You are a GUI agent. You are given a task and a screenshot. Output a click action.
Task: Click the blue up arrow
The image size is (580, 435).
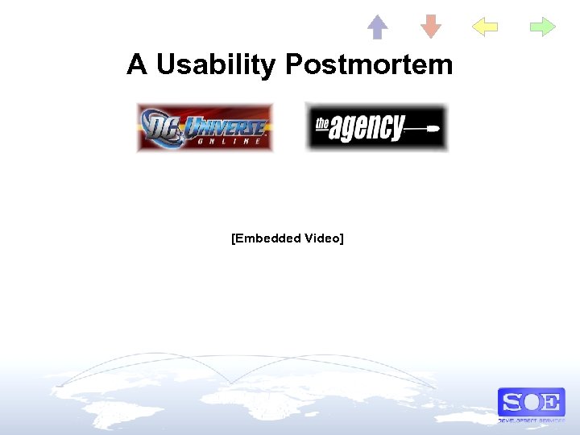point(377,27)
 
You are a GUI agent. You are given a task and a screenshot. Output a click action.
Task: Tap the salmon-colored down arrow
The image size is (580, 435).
point(431,27)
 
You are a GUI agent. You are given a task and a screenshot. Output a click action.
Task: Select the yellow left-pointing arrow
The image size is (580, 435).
point(484,27)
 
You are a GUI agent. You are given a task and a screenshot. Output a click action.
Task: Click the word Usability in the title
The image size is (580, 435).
point(215,64)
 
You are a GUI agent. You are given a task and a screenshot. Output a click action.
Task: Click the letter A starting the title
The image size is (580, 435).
point(136,64)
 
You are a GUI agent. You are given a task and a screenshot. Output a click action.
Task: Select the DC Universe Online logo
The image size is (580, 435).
point(205,127)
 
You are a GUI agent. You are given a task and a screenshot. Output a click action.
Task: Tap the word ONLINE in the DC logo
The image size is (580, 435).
point(226,141)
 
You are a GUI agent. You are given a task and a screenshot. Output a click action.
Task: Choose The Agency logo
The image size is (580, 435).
point(376,126)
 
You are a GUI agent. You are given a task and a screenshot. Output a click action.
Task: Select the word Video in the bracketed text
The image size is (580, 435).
point(323,238)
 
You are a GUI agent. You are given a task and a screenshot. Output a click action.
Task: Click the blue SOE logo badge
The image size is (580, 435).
point(531,402)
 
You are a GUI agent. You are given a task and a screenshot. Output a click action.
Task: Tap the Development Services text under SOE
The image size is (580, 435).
point(531,420)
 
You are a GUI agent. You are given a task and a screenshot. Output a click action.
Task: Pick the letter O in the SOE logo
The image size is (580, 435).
point(531,401)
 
